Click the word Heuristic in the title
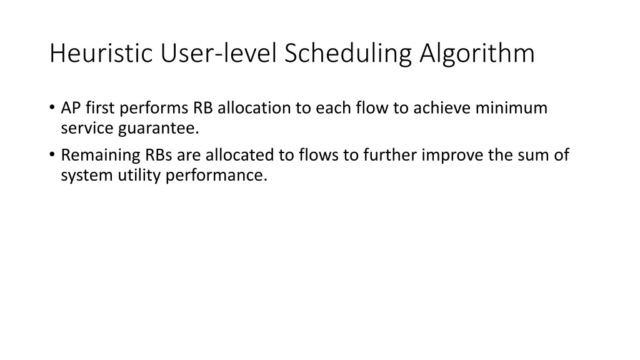point(102,54)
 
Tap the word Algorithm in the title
point(477,54)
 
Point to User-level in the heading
point(219,54)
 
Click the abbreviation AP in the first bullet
point(69,108)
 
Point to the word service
point(85,129)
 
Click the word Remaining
point(100,155)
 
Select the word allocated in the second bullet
point(235,155)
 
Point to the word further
point(387,155)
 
